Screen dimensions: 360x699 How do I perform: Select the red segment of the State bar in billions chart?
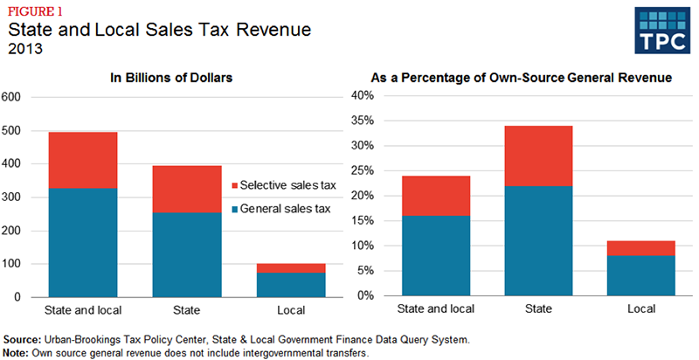pos(187,189)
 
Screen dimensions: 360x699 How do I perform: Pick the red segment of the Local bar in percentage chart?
pos(640,248)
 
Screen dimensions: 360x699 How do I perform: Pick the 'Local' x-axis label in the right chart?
pos(640,308)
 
